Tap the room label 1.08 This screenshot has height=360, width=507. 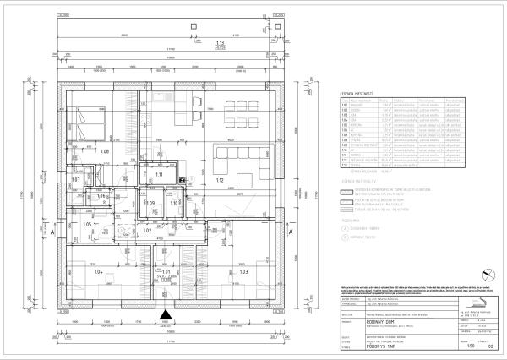[x=106, y=151]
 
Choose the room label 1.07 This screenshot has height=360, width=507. [x=75, y=179]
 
